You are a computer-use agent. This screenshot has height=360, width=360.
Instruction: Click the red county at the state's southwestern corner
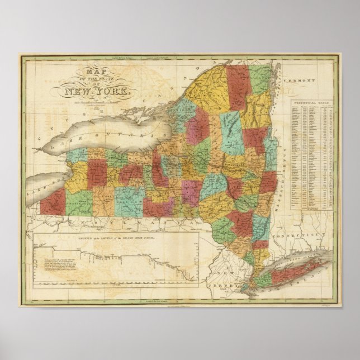pyautogui.click(x=54, y=202)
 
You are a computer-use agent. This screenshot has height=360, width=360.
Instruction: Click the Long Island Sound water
pyautogui.click(x=291, y=258)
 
